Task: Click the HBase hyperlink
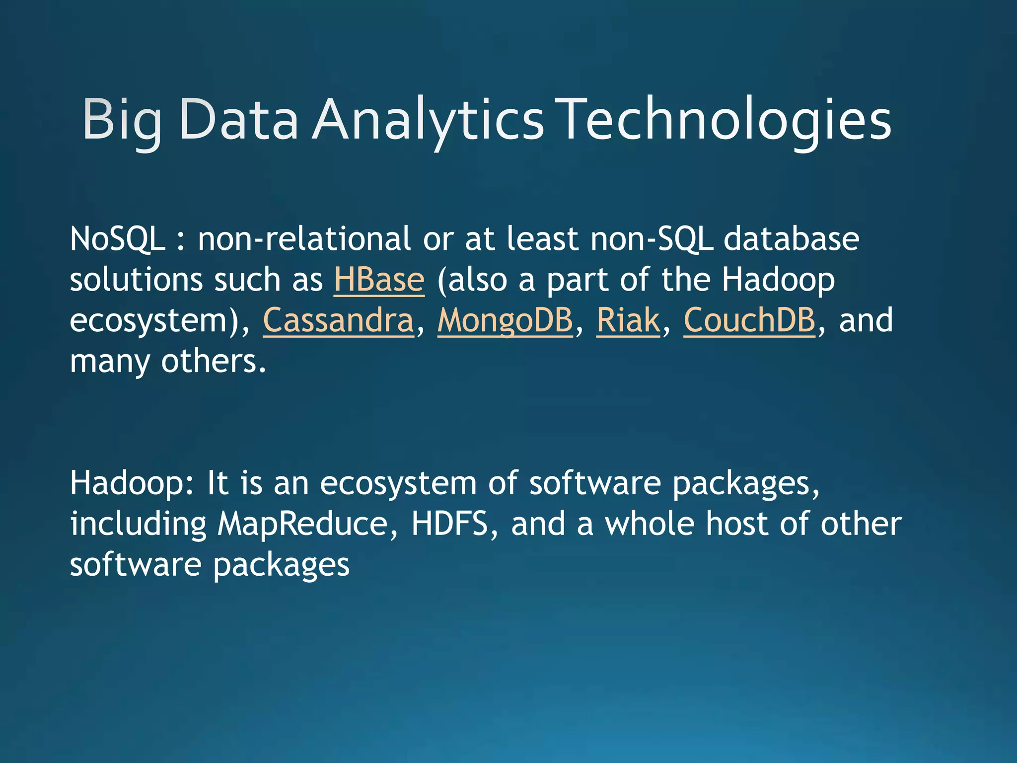click(x=379, y=280)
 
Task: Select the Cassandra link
click(x=338, y=320)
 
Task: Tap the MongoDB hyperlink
click(x=505, y=320)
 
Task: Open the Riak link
click(x=628, y=320)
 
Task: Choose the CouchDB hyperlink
click(x=749, y=320)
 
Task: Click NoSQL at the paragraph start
click(x=117, y=239)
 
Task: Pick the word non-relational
click(x=304, y=239)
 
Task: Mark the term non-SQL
click(x=652, y=239)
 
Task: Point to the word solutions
click(x=136, y=280)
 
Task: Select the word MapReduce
click(x=302, y=524)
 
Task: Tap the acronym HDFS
click(x=449, y=524)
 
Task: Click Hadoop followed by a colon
click(x=132, y=483)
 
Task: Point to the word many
click(x=109, y=362)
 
